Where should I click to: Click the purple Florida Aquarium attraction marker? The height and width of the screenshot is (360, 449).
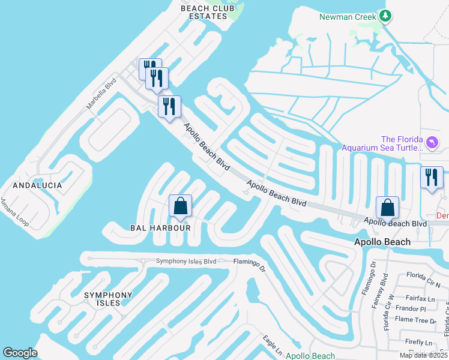click(x=433, y=143)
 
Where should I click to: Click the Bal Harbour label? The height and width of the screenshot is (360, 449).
click(x=160, y=228)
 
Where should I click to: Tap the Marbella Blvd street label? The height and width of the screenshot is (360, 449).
click(x=101, y=95)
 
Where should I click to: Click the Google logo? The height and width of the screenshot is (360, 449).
click(x=20, y=353)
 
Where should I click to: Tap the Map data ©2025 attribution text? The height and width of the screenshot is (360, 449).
click(x=423, y=355)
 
